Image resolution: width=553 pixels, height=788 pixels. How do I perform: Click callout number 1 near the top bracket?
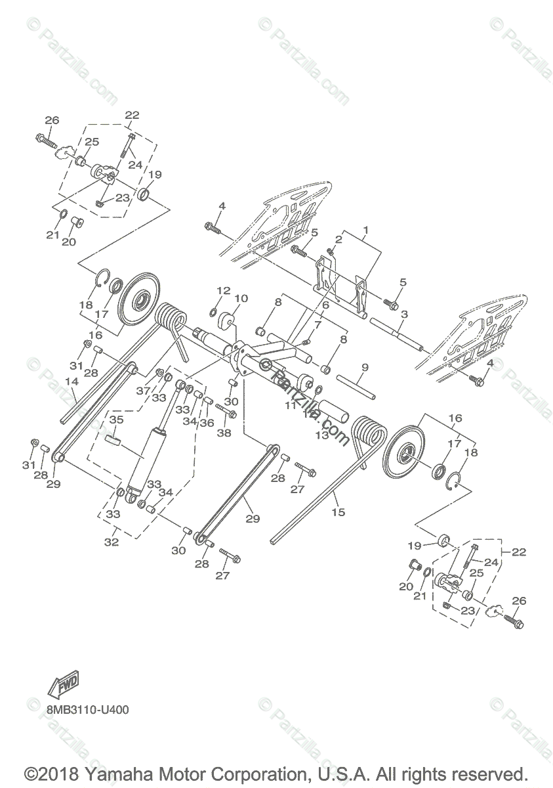365,231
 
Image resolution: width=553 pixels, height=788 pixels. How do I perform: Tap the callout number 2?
339,239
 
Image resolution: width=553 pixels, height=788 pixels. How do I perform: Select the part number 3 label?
404,315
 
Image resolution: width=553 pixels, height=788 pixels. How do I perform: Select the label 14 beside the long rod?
72,382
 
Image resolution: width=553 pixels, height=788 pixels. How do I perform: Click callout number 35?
116,419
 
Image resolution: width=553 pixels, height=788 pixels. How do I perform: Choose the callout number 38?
225,433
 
